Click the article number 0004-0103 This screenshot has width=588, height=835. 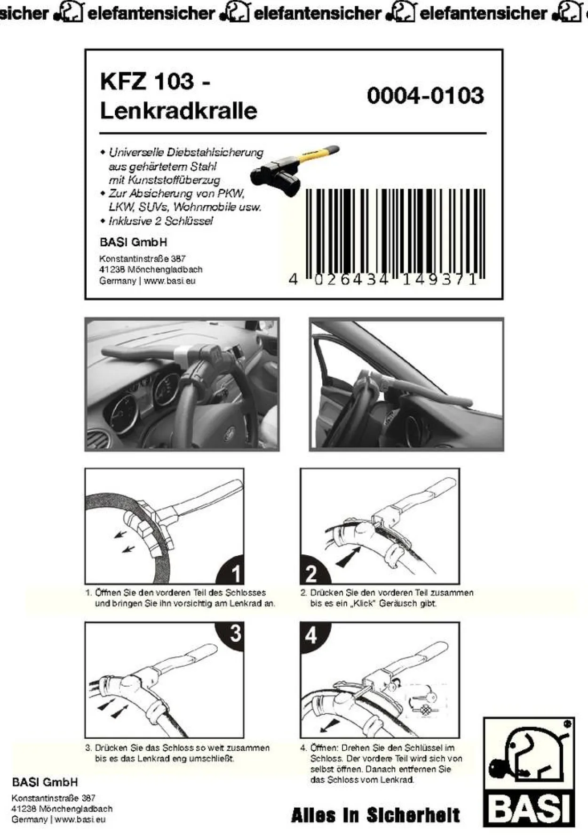click(x=425, y=96)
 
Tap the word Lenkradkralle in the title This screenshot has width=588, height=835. click(x=179, y=111)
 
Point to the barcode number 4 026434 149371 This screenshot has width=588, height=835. click(x=383, y=280)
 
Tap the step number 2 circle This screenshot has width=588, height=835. click(x=314, y=570)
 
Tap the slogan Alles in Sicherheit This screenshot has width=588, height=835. click(x=375, y=815)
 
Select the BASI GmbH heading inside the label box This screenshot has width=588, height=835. click(x=133, y=243)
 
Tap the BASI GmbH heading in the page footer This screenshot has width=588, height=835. click(x=45, y=782)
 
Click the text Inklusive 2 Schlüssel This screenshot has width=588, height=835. click(x=160, y=221)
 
